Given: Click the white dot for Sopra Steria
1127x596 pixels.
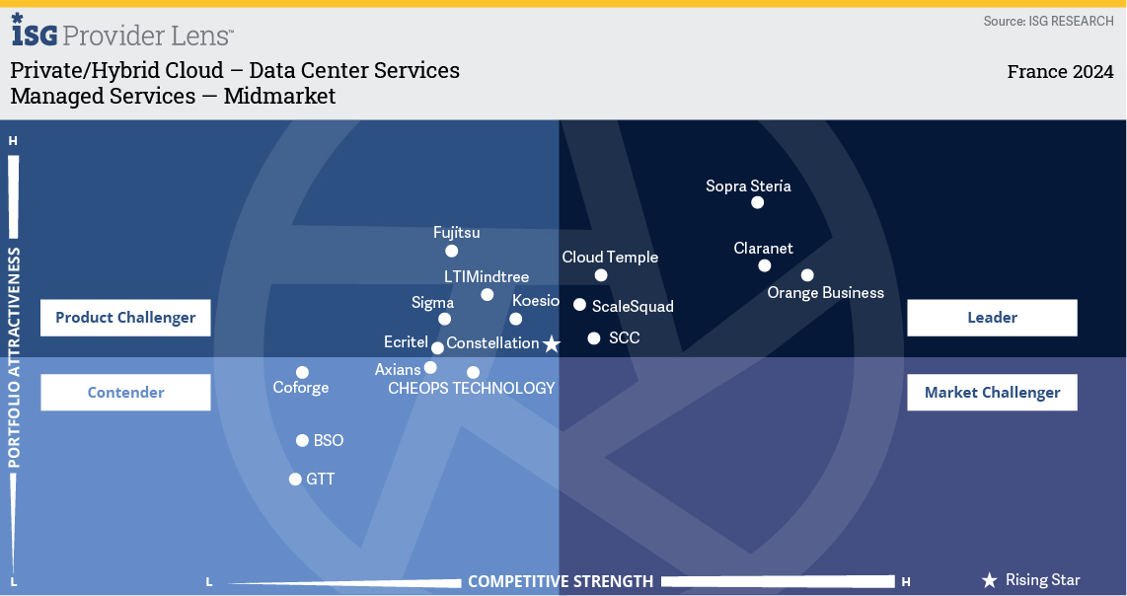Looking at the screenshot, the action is (x=757, y=202).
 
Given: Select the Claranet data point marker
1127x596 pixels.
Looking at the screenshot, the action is (x=764, y=266).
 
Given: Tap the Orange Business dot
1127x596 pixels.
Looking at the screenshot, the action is (x=807, y=275).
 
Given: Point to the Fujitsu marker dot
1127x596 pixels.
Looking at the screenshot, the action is (x=451, y=251).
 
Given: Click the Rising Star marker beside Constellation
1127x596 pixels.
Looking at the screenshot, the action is (x=552, y=344).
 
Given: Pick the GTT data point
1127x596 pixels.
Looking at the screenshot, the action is (x=295, y=479).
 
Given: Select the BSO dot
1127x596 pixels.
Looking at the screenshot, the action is (x=302, y=441).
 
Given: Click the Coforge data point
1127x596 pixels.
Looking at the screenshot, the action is (x=302, y=372).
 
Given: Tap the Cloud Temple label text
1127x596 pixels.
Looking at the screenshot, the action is (x=610, y=257).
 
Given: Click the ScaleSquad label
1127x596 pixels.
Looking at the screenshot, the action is (x=633, y=306).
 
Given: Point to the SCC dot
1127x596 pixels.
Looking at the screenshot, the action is (x=594, y=337).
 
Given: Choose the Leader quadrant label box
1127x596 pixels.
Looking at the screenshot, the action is (x=992, y=318).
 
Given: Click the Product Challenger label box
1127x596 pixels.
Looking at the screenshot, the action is (x=125, y=318).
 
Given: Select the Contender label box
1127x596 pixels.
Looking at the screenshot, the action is (x=125, y=393).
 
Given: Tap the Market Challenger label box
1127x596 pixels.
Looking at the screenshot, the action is (x=992, y=393).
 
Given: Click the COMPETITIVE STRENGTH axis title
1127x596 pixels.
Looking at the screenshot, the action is (x=561, y=581).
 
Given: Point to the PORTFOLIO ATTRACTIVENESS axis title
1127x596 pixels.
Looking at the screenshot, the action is (x=14, y=357).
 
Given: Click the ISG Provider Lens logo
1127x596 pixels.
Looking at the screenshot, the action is (x=122, y=32).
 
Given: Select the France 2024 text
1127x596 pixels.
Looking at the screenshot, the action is (x=1060, y=72).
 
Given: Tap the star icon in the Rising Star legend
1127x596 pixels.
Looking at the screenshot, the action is (x=990, y=580).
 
